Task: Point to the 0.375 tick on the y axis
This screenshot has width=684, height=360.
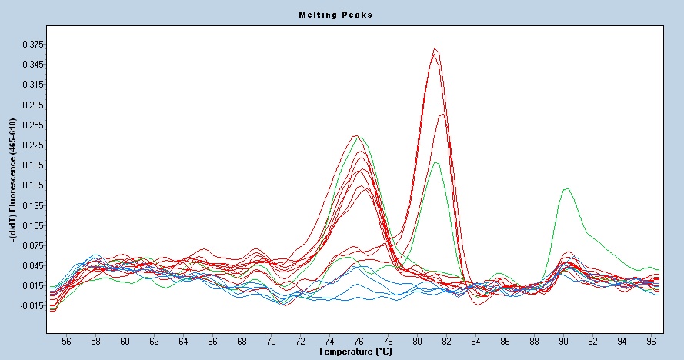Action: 32,44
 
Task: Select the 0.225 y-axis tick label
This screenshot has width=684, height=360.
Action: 32,145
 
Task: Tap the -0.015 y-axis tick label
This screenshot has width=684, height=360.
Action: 30,306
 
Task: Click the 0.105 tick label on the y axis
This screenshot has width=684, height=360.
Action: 32,225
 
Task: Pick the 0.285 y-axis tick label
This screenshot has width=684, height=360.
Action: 32,105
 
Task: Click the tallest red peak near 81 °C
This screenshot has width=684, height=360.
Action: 435,49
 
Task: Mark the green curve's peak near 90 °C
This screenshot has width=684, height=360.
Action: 567,188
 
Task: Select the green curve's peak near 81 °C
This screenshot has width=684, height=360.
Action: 436,162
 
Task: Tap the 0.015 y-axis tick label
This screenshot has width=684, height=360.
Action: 32,286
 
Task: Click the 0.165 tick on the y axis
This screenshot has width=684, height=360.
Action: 32,185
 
